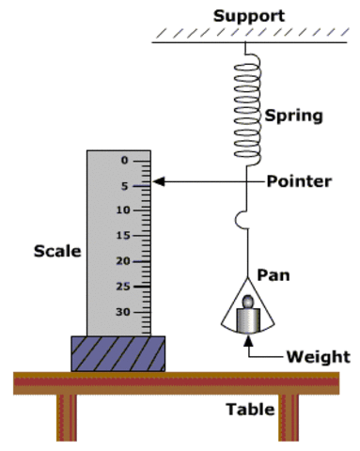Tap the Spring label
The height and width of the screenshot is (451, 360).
(293, 117)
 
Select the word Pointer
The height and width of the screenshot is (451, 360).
(298, 180)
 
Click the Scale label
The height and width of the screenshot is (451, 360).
(57, 251)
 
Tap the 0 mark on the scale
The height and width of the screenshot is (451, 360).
(123, 161)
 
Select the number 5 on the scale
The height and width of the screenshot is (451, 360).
(123, 186)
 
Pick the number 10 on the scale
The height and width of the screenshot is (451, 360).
(122, 210)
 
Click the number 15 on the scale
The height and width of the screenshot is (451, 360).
(122, 236)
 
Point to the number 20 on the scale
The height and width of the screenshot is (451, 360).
(122, 260)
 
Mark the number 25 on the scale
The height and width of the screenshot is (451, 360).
(122, 286)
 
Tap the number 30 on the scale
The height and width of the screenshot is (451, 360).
(122, 311)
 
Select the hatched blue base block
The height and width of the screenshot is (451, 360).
(117, 353)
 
